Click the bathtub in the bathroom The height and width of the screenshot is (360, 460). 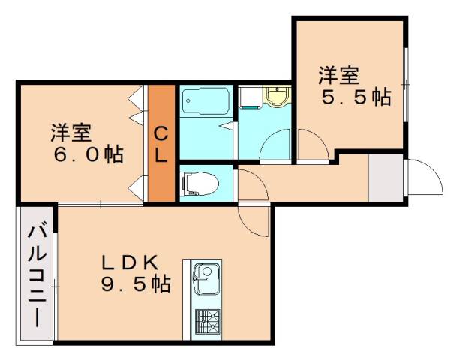click(x=206, y=100)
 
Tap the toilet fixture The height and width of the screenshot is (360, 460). click(x=200, y=184)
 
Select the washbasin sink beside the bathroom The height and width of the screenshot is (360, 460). click(x=277, y=96)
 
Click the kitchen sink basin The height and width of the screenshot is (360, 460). click(x=206, y=280)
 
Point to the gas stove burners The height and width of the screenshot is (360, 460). click(x=208, y=321)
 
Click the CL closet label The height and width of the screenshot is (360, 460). click(x=161, y=145)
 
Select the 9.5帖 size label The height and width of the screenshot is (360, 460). click(x=136, y=283)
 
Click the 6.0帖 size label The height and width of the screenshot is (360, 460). click(x=89, y=154)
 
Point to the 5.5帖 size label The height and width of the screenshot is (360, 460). click(x=356, y=97)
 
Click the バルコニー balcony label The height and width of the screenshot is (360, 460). click(x=38, y=276)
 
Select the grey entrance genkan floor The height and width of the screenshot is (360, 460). click(x=386, y=178)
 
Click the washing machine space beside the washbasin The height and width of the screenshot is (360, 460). click(x=249, y=97)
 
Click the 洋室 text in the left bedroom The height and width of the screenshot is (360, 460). click(x=71, y=133)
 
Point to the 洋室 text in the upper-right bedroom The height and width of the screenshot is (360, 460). click(x=339, y=75)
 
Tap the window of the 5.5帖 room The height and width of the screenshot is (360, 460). click(x=406, y=85)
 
